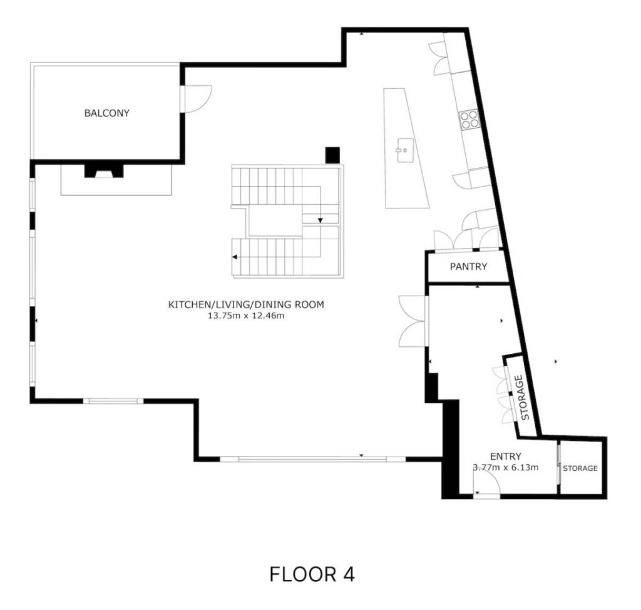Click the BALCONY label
pos(106,113)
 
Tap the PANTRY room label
pos(468,267)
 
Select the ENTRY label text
pos(506,456)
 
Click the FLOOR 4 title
pos(312,574)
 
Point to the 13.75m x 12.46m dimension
pos(246,316)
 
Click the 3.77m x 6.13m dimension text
pos(506,467)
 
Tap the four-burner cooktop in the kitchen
pos(469,118)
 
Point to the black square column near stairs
pos(332,155)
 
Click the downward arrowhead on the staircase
pos(320,221)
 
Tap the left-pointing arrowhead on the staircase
pos(235,257)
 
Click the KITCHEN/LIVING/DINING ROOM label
pos(246,305)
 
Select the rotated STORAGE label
pos(523,398)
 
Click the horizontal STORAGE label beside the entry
pos(580,468)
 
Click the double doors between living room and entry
pos(414,322)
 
